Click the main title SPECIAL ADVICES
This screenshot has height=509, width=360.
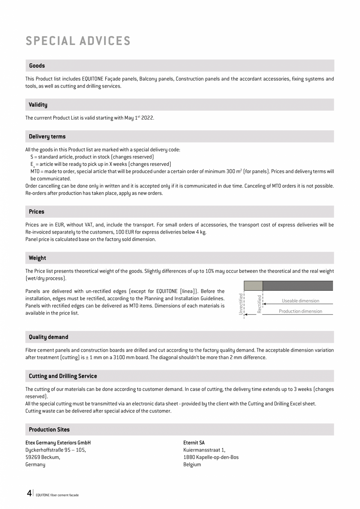pos(78,41)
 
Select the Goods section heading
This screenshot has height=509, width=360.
pos(37,66)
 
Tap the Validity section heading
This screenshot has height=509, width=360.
pos(38,105)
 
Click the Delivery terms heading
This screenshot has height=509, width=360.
pos(47,137)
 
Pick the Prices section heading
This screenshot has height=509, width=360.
pos(36,212)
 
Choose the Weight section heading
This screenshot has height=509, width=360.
pos(37,258)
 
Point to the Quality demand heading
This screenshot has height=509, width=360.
pos(49,337)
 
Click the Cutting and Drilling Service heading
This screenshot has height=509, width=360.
pos(63,376)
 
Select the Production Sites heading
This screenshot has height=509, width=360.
pos(49,430)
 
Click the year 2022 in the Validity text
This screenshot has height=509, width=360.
pos(148,118)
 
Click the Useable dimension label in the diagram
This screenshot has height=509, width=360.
pos(301,301)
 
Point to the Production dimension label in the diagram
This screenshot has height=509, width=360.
pos(301,311)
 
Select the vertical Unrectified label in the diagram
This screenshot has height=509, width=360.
pos(241,304)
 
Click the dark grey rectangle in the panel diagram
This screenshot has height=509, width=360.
pos(297,286)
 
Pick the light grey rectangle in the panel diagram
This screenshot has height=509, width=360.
pos(253,286)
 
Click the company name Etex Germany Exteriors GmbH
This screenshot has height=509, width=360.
pos(58,443)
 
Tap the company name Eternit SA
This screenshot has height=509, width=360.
pos(194,443)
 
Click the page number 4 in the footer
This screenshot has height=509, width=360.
pos(29,493)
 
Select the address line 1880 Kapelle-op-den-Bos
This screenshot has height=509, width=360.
pos(211,457)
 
